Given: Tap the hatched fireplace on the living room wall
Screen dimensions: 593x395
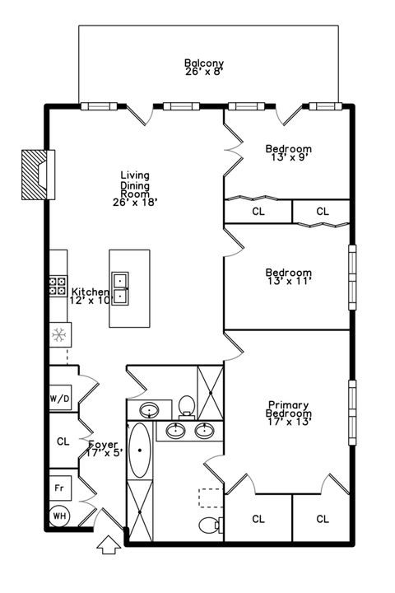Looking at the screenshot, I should click(35, 175).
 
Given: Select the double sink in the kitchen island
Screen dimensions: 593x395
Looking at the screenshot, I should click(121, 288).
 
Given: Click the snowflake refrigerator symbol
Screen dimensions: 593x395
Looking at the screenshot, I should click(59, 334).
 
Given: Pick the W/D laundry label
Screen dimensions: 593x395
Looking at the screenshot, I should click(60, 399).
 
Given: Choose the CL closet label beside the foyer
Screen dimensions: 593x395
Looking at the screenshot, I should click(63, 441).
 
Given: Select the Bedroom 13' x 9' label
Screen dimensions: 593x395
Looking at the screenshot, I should click(288, 154).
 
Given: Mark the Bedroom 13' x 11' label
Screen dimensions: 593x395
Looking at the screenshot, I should click(288, 278).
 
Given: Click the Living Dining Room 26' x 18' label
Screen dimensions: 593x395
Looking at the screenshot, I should click(134, 188).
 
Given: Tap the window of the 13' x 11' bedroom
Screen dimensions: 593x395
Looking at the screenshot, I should click(353, 277).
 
